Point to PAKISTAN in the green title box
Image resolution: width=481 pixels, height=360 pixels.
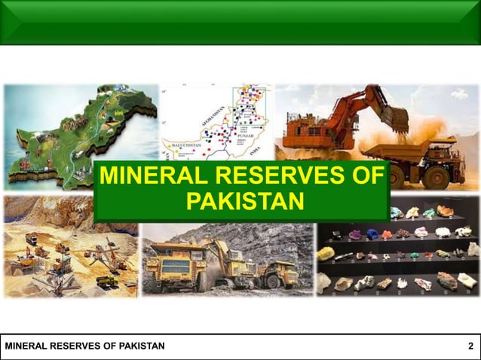244,202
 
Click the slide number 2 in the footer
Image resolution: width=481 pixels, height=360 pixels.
470,346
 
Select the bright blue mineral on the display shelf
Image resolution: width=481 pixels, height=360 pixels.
396,213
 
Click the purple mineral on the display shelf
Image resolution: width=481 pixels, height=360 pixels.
355,234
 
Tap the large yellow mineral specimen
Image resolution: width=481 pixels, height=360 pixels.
326,254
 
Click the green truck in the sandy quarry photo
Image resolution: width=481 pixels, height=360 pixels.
106,281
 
